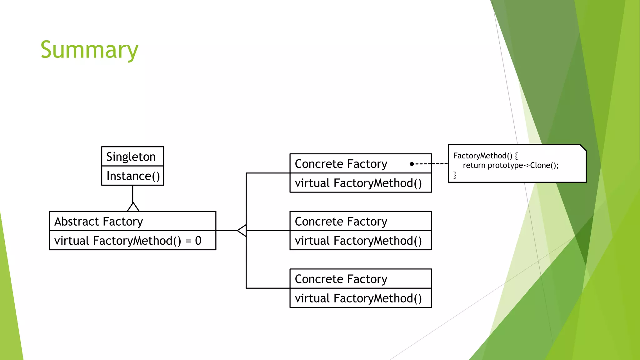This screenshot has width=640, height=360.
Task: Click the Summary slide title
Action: [89, 50]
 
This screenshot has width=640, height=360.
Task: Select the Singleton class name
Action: [131, 157]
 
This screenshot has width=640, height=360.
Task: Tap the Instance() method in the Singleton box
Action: [133, 176]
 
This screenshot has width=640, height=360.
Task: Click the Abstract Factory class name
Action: [98, 221]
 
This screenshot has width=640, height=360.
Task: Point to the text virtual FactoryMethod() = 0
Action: [127, 241]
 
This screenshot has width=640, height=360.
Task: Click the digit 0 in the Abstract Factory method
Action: [198, 241]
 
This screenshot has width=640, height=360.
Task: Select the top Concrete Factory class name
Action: [341, 164]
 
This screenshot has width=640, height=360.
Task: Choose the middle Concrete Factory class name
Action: [341, 221]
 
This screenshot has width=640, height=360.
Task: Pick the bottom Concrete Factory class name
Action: [341, 279]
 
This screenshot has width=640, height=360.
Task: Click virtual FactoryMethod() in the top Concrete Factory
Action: [358, 183]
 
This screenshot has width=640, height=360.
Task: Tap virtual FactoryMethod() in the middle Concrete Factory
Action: [358, 241]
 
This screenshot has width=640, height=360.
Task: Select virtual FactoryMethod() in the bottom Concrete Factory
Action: [358, 298]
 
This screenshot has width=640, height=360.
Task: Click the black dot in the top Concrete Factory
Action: [412, 164]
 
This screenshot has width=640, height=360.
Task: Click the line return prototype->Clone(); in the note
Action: [511, 165]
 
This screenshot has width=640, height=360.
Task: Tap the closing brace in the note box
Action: [455, 175]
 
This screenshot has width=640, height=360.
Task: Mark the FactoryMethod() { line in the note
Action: [485, 156]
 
